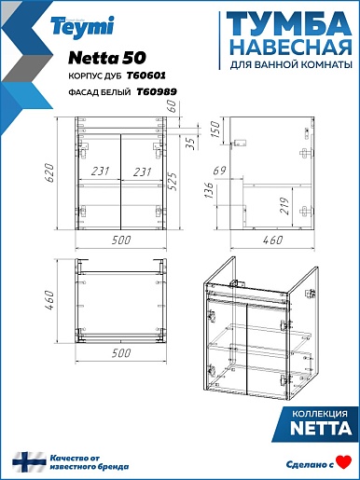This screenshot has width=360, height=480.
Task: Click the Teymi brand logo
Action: [83, 27]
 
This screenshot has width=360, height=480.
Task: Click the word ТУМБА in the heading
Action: [289, 24]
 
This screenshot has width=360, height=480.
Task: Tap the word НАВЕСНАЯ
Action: [292, 48]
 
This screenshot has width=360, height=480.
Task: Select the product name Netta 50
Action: [107, 58]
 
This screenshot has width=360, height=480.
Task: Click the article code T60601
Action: [145, 75]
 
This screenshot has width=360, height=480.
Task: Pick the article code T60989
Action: [157, 91]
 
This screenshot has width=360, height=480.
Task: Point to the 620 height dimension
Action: [50, 173]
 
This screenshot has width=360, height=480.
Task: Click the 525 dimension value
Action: [173, 181]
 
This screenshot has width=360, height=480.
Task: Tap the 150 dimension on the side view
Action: [215, 130]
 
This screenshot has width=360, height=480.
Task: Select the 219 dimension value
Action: [285, 206]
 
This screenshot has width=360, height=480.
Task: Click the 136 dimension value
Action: [210, 190]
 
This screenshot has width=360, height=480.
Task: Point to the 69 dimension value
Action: [220, 171]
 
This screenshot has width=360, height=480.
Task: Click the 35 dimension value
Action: [192, 143]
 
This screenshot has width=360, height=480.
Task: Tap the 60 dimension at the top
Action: [173, 106]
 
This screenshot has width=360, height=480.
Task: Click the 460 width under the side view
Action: [272, 240]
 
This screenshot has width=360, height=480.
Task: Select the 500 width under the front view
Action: [121, 240]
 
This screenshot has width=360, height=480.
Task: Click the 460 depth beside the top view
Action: [50, 301]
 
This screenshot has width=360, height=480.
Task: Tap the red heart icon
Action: [344, 461]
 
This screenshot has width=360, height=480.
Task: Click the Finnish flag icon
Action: [29, 462]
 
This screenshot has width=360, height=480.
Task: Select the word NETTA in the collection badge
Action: [321, 429]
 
